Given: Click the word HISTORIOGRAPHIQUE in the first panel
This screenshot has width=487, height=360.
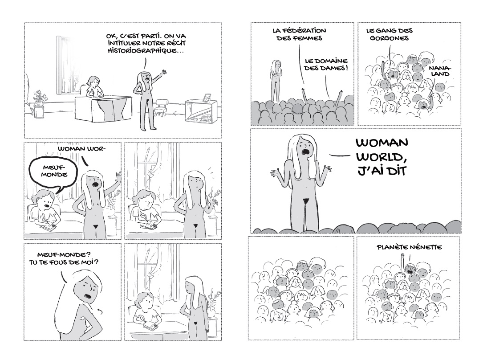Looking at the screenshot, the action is [x=144, y=50].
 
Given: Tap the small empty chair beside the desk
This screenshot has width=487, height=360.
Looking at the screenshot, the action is [x=162, y=107].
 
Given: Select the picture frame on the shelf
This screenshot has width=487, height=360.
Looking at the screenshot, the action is [x=206, y=98].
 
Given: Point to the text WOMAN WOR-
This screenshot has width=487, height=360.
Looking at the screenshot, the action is [x=81, y=149].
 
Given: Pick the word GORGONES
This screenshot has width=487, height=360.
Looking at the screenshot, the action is [x=389, y=38].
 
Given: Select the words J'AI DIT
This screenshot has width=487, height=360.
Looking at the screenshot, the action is [x=381, y=171].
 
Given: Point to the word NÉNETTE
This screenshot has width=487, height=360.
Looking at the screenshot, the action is [x=426, y=247].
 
